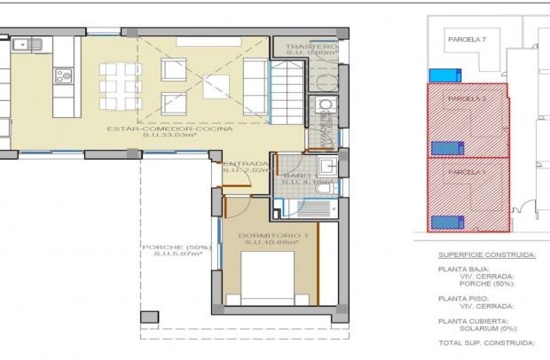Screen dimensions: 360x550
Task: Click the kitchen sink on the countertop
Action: (x=27, y=43)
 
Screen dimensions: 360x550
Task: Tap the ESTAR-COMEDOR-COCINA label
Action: (x=169, y=129)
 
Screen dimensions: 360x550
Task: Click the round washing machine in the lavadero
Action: (x=326, y=106)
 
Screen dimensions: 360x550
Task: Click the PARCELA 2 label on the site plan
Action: (x=467, y=98)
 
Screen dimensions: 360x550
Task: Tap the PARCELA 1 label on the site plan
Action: (x=467, y=171)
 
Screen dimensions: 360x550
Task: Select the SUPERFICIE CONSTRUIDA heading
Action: (x=486, y=254)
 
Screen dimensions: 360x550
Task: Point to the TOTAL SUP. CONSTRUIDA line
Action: (x=486, y=342)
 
